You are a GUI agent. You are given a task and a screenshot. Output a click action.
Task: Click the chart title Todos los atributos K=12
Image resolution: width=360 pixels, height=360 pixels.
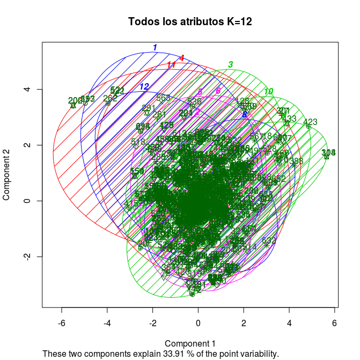point(190,22)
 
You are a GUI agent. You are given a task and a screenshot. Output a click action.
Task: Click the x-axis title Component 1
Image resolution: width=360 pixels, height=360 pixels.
point(190,343)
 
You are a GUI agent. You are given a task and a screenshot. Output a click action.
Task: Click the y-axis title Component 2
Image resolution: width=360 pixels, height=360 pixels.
point(7,175)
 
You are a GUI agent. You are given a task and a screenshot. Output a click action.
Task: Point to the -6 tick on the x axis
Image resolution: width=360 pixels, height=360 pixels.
point(62,324)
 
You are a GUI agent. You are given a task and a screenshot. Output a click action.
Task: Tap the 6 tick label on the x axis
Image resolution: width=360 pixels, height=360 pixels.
point(335,324)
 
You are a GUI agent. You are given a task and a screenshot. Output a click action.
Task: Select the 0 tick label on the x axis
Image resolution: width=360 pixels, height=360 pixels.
point(198,324)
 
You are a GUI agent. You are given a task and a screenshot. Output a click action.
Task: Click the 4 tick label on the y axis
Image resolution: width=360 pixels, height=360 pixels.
point(27,89)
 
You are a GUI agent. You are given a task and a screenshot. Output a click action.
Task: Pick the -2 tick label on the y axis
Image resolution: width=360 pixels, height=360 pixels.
point(27,256)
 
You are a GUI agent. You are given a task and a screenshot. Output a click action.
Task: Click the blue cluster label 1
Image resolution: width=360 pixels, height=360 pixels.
point(155,47)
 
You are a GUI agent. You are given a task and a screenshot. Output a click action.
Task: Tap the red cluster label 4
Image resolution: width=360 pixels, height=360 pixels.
point(182,58)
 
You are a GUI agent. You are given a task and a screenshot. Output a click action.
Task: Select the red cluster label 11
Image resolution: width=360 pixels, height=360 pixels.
point(171,65)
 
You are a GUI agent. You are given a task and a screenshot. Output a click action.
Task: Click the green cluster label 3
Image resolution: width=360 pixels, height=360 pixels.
point(230,64)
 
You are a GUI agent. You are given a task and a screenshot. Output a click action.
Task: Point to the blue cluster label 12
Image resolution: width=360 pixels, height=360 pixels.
point(144,86)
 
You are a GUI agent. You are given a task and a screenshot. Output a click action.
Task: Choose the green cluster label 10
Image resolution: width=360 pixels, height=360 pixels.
point(268,91)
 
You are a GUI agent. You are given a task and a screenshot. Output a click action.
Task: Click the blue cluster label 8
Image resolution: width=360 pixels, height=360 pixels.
point(244,114)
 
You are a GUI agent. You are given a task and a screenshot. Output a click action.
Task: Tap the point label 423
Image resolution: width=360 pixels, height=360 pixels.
point(310,122)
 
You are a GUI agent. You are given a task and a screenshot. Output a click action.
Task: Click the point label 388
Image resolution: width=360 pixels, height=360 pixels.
point(296,161)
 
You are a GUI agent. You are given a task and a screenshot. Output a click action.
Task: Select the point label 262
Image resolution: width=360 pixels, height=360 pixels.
point(110,98)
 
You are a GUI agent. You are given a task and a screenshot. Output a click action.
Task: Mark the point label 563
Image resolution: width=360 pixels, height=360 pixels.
point(163,98)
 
